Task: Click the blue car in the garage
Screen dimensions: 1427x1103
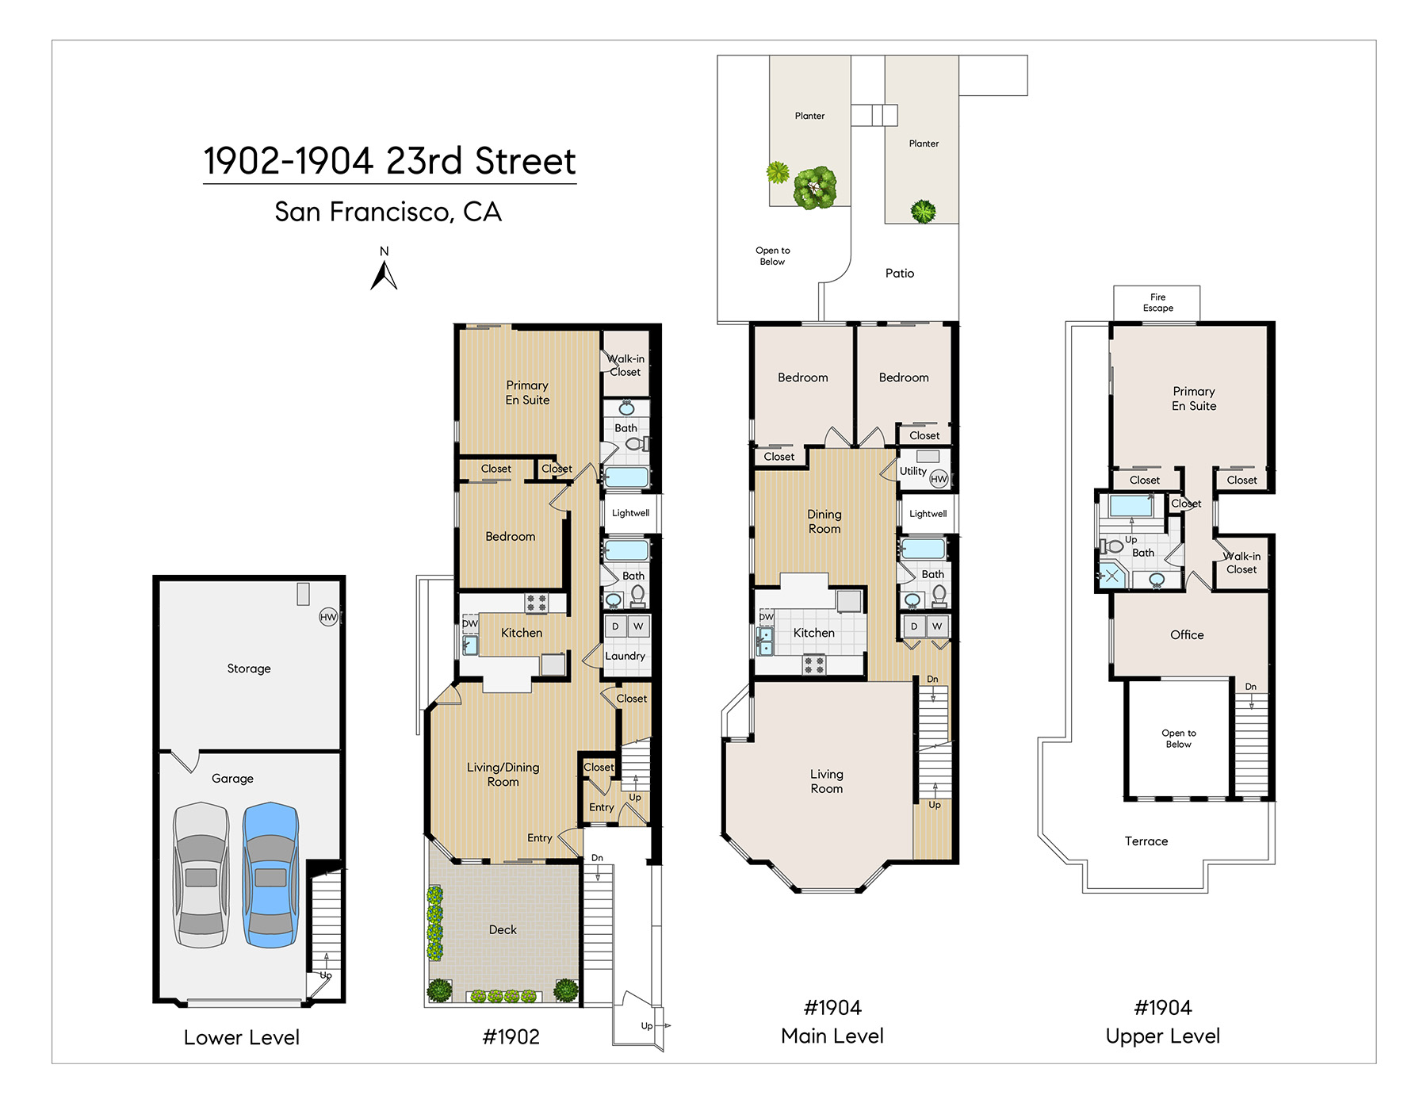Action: tap(270, 875)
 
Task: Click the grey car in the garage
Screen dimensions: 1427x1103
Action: tap(201, 875)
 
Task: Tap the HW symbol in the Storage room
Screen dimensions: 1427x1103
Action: tap(328, 617)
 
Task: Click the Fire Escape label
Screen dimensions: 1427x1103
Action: tap(1157, 303)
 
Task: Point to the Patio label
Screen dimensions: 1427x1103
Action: tap(900, 274)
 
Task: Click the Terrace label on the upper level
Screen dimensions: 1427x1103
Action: tap(1146, 841)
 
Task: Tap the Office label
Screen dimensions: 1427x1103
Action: tap(1187, 635)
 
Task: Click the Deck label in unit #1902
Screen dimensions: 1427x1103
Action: tap(503, 929)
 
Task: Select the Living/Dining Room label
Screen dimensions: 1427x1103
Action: tap(503, 775)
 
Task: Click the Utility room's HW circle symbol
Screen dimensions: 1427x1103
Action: tap(939, 479)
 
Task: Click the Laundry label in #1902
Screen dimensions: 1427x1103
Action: tap(625, 657)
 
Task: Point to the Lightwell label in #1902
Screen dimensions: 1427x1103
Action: tap(630, 513)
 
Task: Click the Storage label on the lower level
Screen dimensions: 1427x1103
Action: tap(249, 669)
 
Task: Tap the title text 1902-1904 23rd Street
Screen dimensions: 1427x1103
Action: tap(389, 161)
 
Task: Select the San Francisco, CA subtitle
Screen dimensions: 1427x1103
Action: tap(388, 212)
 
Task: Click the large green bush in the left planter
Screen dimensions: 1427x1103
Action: tap(815, 188)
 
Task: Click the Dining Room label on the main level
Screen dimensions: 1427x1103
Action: tap(824, 522)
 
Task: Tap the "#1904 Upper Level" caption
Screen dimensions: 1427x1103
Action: tap(1163, 1022)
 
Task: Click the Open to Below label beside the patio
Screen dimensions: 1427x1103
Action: tap(772, 256)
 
